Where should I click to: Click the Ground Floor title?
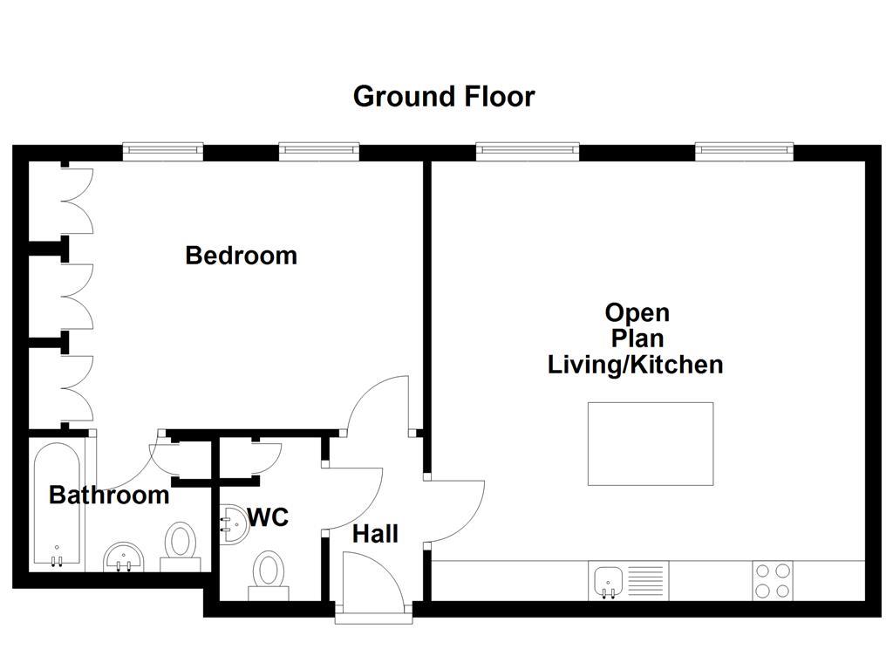(x=443, y=96)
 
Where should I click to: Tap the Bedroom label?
(x=241, y=256)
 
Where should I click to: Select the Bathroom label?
(x=108, y=495)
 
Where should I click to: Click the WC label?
(x=268, y=517)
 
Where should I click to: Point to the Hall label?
(x=375, y=534)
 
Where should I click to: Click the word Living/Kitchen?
(x=635, y=364)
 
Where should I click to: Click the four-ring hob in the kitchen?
(x=773, y=581)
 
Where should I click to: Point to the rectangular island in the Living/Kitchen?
(x=650, y=443)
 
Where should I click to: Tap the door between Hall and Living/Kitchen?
(x=455, y=510)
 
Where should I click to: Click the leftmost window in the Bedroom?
(x=162, y=152)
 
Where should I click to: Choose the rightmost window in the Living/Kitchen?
(x=744, y=152)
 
